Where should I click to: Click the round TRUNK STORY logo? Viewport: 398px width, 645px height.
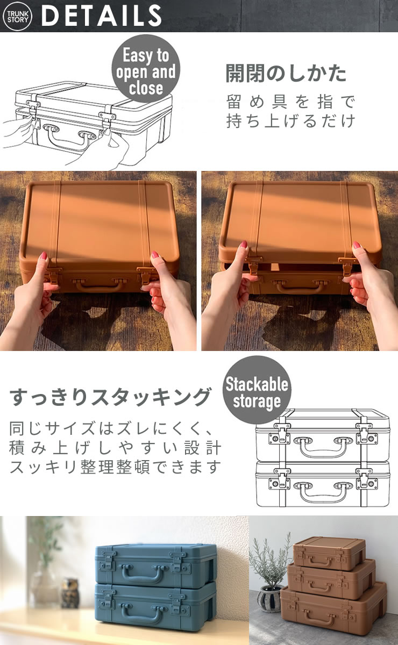(17, 16)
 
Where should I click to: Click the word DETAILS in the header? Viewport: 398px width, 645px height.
(102, 16)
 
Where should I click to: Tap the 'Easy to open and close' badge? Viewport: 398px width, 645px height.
(146, 69)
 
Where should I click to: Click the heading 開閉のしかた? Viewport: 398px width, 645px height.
(286, 74)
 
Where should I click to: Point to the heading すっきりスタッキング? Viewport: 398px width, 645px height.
(110, 397)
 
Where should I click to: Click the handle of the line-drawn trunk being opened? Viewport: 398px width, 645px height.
(69, 138)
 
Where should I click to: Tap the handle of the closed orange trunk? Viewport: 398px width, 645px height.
(99, 284)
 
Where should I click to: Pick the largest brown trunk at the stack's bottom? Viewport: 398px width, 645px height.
(333, 611)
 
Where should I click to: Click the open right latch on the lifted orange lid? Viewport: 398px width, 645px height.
(347, 266)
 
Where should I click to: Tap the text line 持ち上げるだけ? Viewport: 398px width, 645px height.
(290, 120)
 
